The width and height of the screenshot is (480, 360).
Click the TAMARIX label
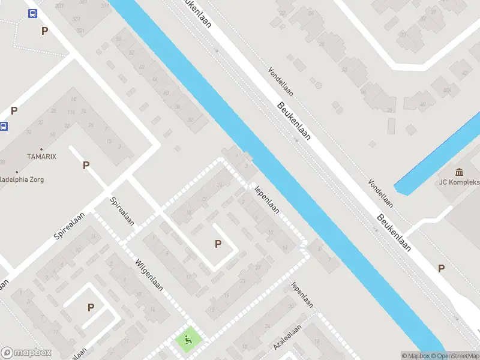click(41, 156)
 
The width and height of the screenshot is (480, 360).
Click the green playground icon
click(188, 341)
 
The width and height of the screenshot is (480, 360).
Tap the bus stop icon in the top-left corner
click(32, 14)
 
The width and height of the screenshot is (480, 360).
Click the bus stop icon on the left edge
click(4, 127)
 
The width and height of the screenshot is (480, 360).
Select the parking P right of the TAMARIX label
click(86, 165)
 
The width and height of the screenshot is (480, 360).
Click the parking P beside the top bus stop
click(44, 31)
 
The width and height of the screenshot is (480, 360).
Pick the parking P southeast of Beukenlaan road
click(441, 269)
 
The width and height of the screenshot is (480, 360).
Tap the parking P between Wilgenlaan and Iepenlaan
click(218, 244)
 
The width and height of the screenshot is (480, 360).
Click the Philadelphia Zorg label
click(22, 179)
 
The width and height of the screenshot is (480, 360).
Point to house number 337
click(77, 19)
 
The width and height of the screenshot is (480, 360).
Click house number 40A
click(446, 91)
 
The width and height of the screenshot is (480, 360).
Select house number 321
click(80, 30)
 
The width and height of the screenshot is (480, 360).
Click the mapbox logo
click(26, 353)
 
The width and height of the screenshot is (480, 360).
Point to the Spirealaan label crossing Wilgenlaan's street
click(122, 211)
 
